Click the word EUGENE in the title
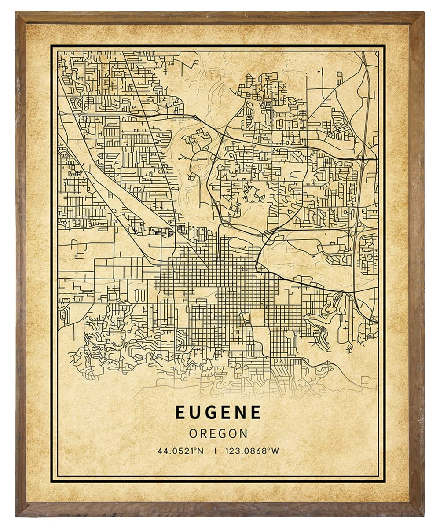coord(218,412)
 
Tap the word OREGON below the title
coord(218,433)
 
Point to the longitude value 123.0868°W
coord(252,451)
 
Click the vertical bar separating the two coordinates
coord(215,451)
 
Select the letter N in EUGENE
coord(240,412)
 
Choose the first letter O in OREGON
coord(193,433)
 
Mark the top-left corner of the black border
coord(51,45)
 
